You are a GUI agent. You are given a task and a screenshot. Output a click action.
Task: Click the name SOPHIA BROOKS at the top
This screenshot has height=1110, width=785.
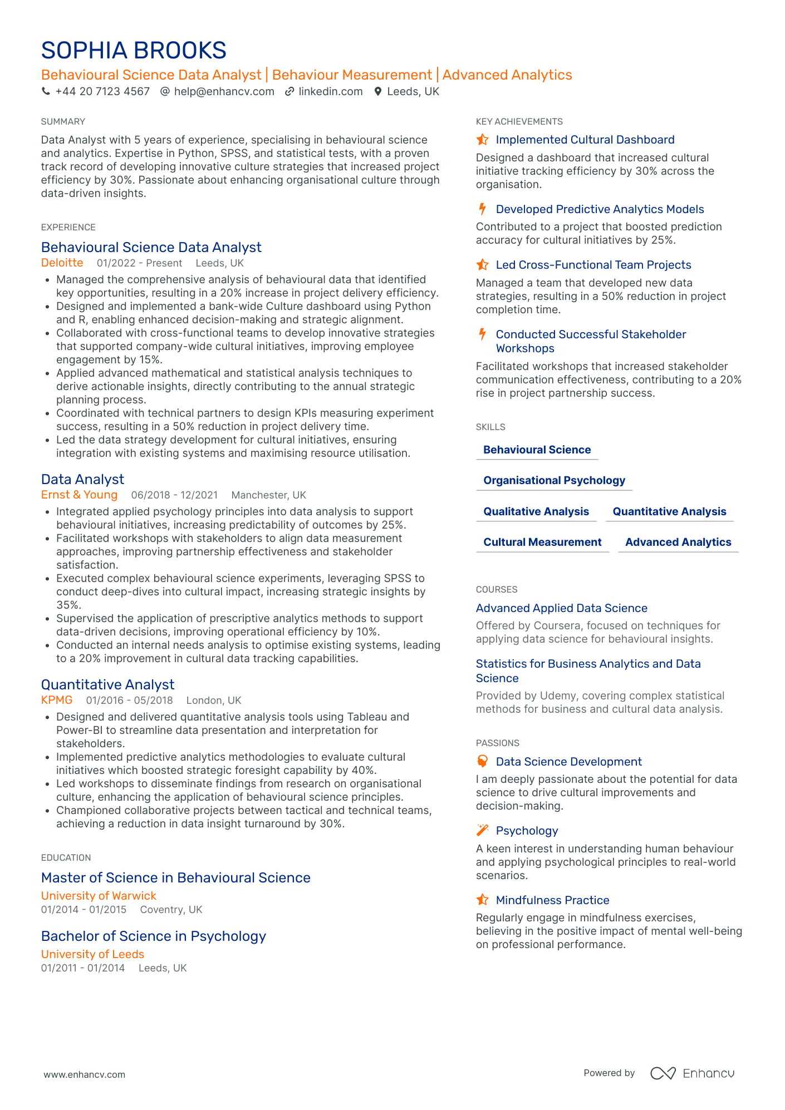click(134, 51)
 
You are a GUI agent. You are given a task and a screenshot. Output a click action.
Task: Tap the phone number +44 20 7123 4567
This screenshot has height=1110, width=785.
click(102, 92)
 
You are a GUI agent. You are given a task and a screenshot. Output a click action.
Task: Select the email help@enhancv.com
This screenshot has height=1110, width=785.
click(224, 92)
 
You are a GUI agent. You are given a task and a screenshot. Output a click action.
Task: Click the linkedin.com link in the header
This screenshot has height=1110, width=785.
click(330, 92)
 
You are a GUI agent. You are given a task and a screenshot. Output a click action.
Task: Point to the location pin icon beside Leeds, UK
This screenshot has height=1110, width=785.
click(378, 92)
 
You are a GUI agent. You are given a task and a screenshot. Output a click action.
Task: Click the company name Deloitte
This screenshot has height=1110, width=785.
click(62, 263)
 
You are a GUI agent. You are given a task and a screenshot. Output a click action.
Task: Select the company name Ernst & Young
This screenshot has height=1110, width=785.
click(79, 495)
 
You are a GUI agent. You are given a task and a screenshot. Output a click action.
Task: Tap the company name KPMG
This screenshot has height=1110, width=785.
click(57, 700)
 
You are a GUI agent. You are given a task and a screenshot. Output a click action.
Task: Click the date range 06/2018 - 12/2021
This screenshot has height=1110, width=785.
click(174, 495)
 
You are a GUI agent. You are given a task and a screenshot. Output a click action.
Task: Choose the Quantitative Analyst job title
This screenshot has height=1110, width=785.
click(107, 684)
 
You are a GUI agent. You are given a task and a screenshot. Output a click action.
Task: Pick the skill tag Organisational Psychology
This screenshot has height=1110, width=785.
click(554, 480)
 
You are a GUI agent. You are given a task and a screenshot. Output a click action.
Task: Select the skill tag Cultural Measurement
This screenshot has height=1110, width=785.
click(542, 542)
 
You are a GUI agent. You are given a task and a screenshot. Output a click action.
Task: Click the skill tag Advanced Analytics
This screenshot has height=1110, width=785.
click(678, 542)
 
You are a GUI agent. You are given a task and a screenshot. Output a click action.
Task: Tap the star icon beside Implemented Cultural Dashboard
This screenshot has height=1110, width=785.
click(482, 140)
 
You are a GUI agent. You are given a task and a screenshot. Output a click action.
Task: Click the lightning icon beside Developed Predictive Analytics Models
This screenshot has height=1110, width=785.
click(482, 209)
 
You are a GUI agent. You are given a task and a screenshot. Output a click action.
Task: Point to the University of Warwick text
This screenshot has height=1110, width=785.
click(99, 896)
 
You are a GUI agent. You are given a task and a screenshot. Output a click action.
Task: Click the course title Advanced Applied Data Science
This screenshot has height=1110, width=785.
click(561, 608)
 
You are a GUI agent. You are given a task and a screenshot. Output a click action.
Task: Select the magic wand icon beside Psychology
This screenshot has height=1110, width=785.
click(482, 831)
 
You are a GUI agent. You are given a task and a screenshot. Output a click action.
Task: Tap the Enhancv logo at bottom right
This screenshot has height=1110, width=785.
click(692, 1073)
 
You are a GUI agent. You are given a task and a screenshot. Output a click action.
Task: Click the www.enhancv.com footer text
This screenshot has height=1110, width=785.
click(84, 1074)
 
